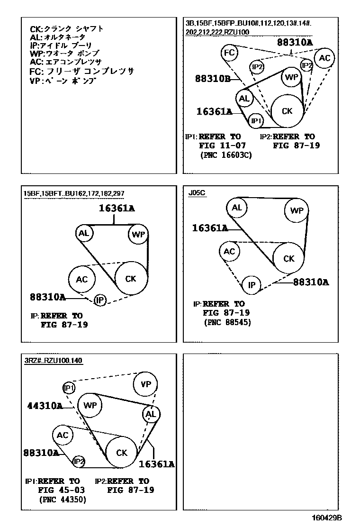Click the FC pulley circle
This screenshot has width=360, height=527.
229,54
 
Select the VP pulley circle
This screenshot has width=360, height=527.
146,384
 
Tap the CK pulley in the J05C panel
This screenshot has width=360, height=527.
289,258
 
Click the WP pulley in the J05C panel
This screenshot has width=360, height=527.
297,210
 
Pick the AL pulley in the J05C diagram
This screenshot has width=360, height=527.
237,208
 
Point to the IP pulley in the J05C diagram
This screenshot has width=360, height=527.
252,285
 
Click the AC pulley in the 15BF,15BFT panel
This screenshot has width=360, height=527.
82,279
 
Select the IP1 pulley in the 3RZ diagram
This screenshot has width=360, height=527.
69,389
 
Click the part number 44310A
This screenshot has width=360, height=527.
45,406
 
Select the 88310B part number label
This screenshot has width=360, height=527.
212,79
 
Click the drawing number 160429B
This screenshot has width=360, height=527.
326,518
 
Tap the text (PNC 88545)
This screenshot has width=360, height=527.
227,322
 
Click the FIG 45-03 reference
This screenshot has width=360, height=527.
62,491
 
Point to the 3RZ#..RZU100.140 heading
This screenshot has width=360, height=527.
54,361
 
